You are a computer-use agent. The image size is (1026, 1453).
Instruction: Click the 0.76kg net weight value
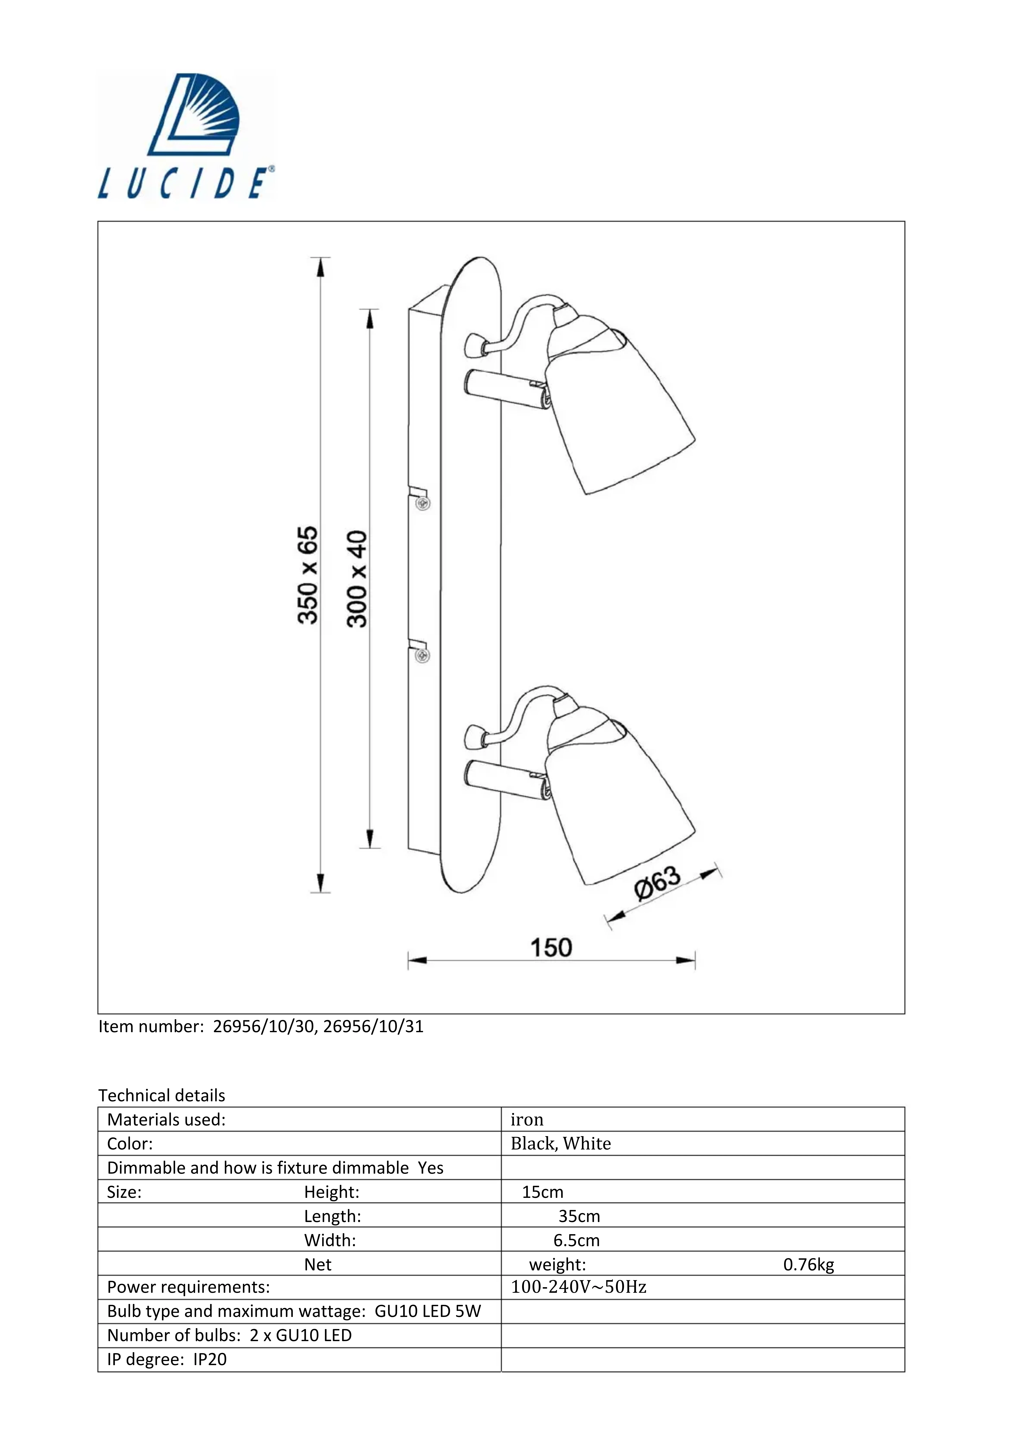(808, 1264)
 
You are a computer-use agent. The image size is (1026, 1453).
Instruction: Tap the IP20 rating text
(210, 1359)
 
